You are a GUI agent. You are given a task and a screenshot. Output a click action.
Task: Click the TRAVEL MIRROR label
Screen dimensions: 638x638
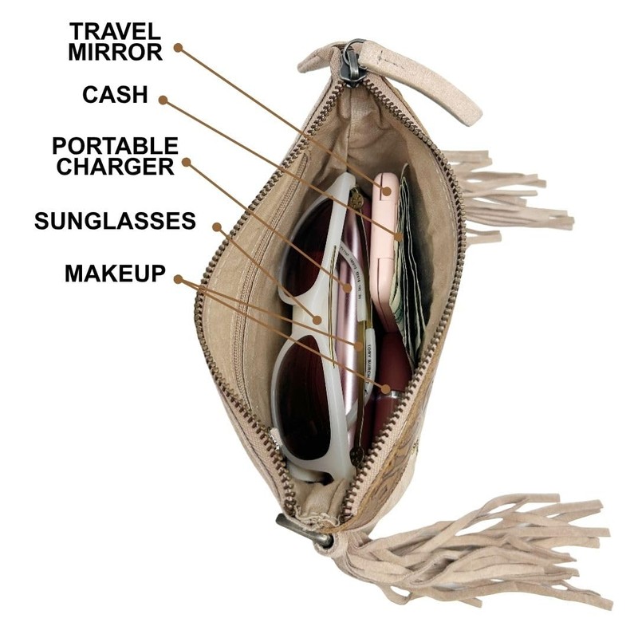[x=116, y=41]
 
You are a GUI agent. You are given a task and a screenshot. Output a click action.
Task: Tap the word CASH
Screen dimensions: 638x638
[x=115, y=95]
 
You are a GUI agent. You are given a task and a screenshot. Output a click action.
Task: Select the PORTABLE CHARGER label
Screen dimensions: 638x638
[x=115, y=156]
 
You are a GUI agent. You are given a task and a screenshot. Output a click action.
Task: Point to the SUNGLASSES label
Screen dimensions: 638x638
[x=115, y=221]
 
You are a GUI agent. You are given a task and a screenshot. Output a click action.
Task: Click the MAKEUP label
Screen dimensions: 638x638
[x=116, y=273]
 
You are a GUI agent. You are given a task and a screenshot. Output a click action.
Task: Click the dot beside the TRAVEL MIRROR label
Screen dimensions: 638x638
[x=179, y=48]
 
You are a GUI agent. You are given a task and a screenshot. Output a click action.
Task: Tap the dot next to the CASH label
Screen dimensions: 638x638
[x=163, y=100]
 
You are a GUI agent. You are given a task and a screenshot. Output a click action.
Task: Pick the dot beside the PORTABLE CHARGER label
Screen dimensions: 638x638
[x=186, y=162]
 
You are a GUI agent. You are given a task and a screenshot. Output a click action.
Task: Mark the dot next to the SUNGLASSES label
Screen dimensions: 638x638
[x=216, y=226]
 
